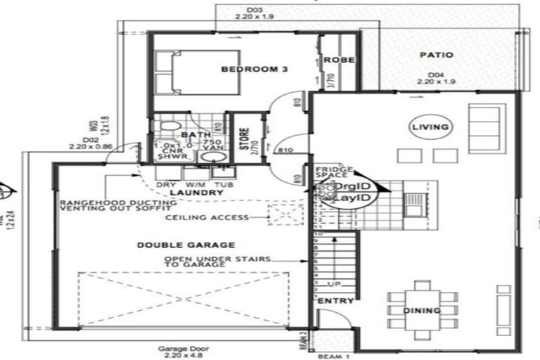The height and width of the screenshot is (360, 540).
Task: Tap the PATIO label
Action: (x=436, y=54)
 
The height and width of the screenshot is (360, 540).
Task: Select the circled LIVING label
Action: (x=430, y=127)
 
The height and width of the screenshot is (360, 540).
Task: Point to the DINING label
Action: (x=422, y=310)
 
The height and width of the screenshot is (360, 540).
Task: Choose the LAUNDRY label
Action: (x=186, y=192)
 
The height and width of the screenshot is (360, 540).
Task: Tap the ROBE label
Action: (x=339, y=60)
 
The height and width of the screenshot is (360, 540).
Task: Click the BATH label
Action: (x=191, y=134)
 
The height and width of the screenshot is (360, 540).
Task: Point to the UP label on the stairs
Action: (x=335, y=284)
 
